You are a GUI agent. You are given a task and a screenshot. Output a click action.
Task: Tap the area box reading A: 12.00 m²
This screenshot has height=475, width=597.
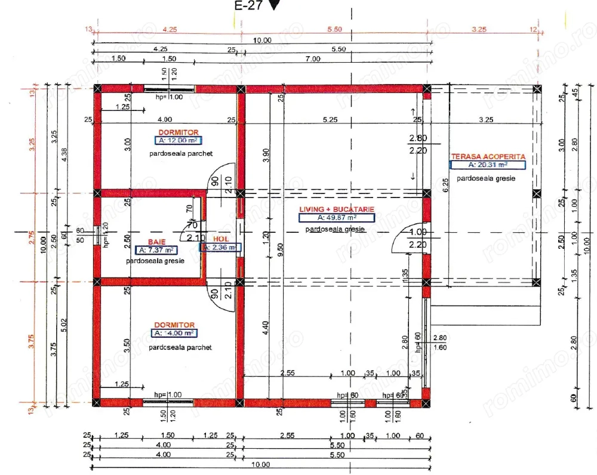[x=177, y=141]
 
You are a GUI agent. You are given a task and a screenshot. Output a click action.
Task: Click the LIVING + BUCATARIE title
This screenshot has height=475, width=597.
[x=337, y=209]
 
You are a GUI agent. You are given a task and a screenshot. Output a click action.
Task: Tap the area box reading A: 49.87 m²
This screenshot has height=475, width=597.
[x=337, y=218]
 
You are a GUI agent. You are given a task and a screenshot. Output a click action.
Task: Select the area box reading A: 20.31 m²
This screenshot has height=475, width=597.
[x=488, y=164]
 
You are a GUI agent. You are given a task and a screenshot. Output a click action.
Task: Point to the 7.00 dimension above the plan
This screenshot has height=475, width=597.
[x=312, y=58]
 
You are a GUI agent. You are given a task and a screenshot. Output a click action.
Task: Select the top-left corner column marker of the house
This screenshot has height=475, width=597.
[x=97, y=89]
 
